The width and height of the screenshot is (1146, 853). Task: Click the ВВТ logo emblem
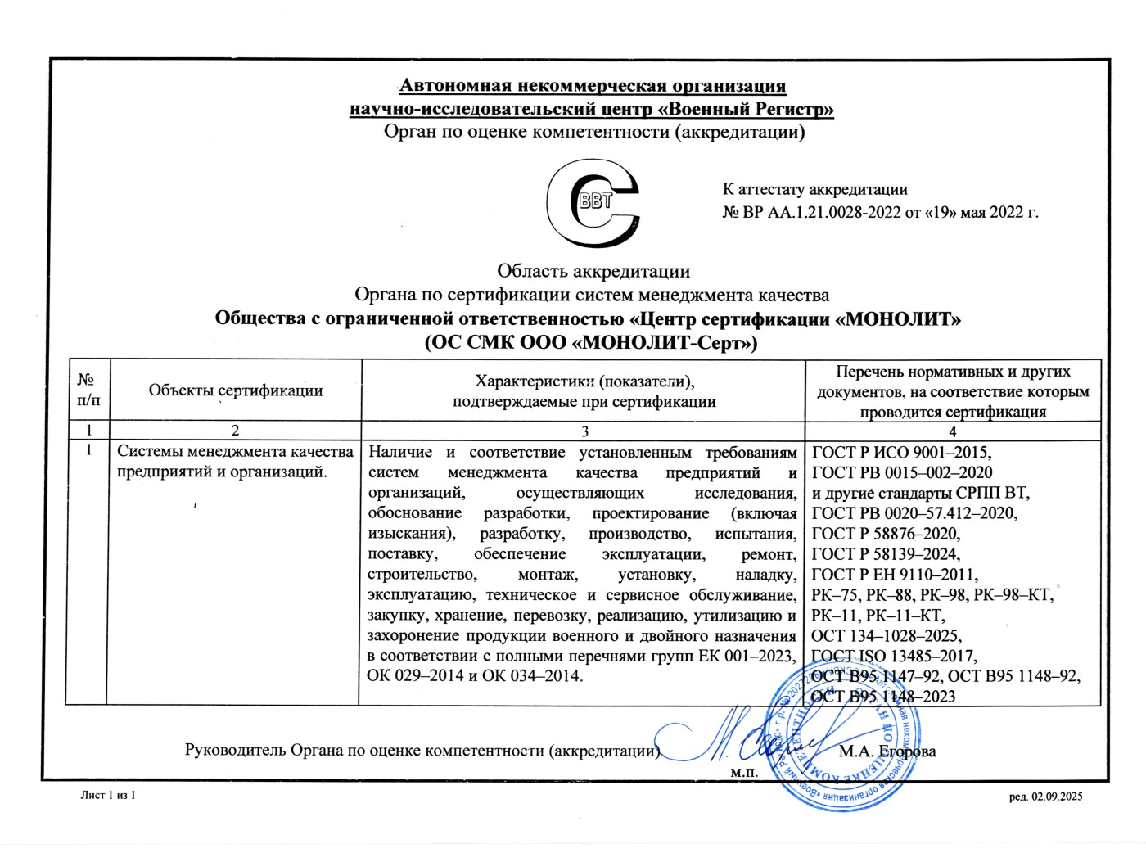(x=593, y=204)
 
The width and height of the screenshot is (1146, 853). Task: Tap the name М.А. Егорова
(x=887, y=751)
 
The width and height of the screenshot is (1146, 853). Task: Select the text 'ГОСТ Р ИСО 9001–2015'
(x=900, y=453)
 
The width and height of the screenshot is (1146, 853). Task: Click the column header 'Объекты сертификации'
(x=236, y=390)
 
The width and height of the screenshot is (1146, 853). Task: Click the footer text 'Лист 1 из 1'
(x=107, y=796)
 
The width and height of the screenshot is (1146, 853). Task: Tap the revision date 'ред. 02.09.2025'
(x=1045, y=797)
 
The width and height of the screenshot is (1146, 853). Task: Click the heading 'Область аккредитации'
(x=593, y=271)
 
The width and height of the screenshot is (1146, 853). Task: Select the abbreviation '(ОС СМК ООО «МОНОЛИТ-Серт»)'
(x=591, y=342)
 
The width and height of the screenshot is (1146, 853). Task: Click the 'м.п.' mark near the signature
(x=744, y=772)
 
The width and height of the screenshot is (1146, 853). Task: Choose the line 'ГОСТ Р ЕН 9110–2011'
(x=894, y=575)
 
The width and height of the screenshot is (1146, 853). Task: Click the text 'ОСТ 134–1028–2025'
(x=886, y=636)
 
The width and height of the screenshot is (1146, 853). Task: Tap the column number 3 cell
(x=584, y=431)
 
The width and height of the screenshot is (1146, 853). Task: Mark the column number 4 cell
(x=952, y=431)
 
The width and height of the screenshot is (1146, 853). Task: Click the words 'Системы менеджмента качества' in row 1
(x=236, y=452)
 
